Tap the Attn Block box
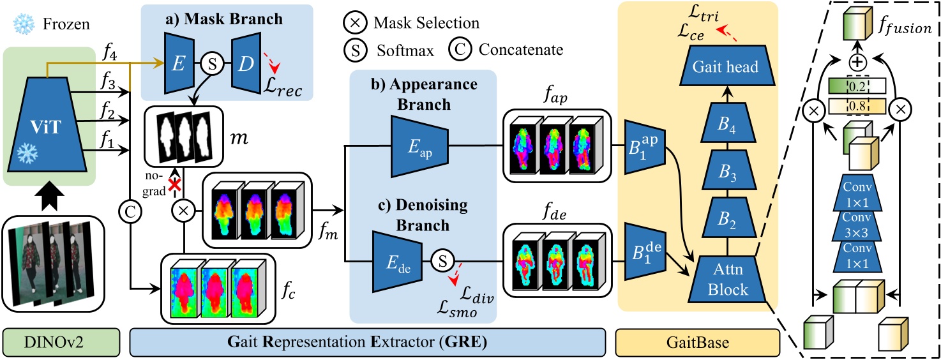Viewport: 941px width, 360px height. point(728,281)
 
